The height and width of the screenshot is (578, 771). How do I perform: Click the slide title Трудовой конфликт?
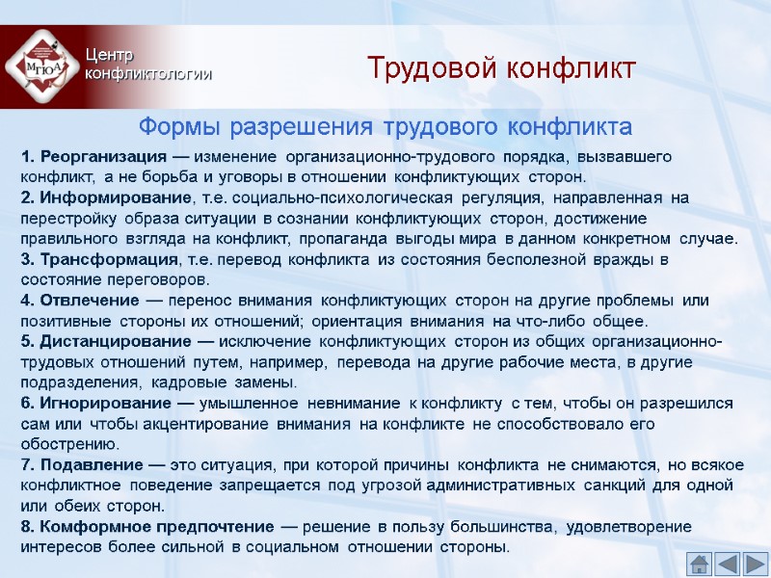coord(502,69)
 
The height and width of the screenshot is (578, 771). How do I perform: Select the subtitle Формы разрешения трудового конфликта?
coord(385,126)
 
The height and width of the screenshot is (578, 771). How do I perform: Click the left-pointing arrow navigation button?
coord(728,563)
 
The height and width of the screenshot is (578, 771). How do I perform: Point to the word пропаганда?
coord(341,239)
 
